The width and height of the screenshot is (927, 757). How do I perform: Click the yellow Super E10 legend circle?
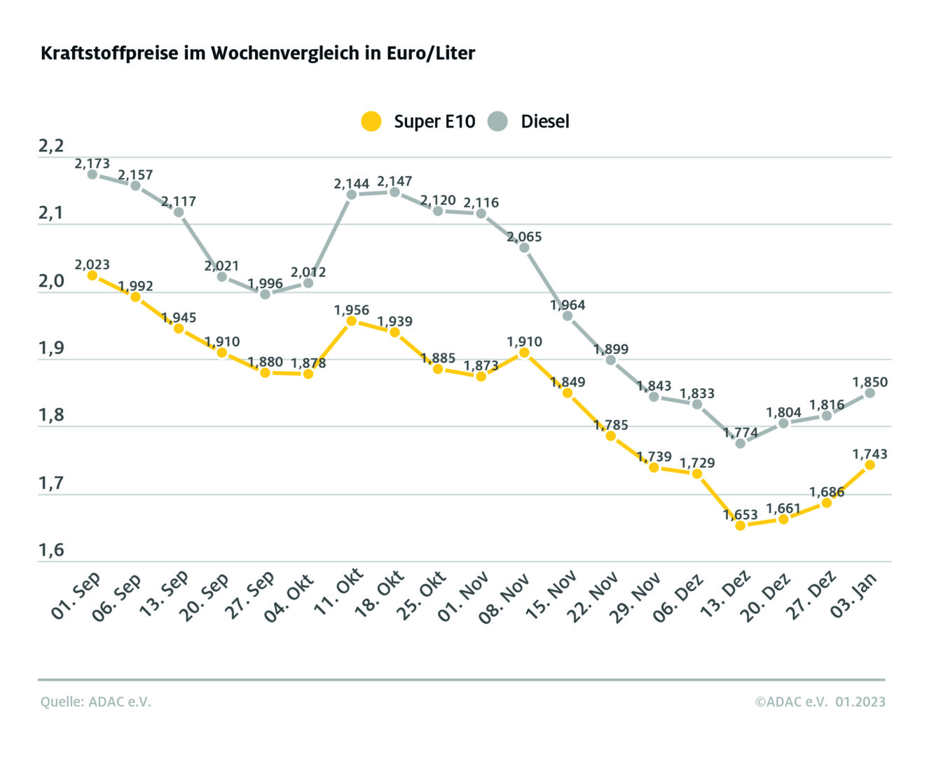371,121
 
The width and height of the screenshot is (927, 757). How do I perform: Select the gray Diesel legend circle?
497,121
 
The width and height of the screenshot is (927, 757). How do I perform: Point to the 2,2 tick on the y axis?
51,146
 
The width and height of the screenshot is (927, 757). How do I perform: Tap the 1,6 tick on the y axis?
51,550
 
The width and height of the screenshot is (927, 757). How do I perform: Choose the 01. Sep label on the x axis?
76,596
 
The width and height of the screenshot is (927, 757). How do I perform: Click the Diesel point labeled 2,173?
92,174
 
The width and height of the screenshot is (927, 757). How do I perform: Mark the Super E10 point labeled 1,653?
740,525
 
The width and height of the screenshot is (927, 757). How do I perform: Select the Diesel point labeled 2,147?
394,192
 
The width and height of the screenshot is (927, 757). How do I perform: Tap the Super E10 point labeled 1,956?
352,321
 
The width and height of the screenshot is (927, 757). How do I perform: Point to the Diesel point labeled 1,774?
740,443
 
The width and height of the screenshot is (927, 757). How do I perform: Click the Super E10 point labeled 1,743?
870,465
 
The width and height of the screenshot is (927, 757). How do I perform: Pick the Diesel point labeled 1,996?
265,294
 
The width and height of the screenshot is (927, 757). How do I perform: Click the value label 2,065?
524,237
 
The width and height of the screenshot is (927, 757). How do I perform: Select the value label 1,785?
611,425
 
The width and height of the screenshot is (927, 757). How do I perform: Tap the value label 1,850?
870,382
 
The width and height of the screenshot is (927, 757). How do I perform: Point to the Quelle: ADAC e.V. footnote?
96,702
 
